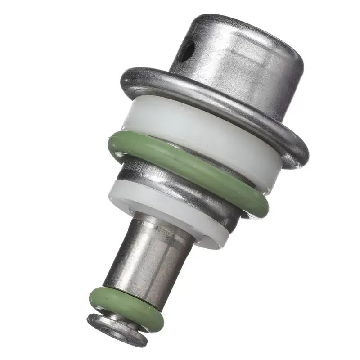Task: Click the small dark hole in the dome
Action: (185, 51)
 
